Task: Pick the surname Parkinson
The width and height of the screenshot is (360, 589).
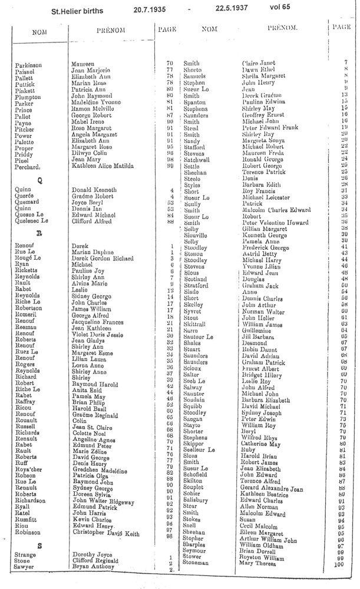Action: click(x=29, y=62)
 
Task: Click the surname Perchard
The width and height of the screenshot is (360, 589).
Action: click(x=27, y=167)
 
